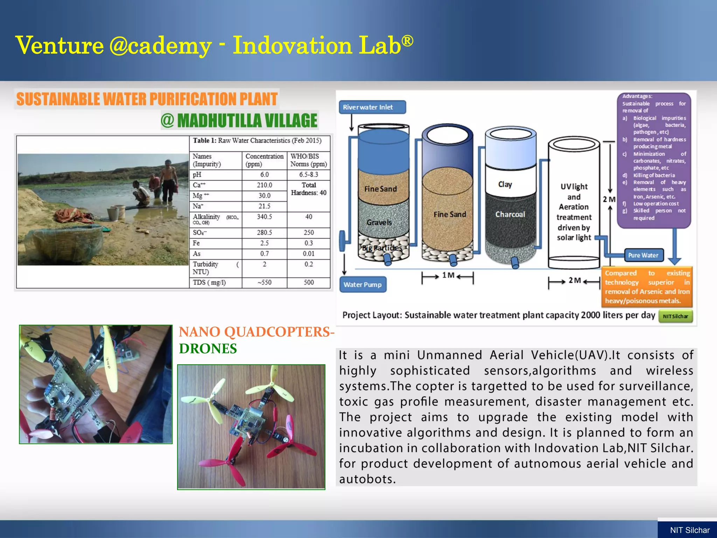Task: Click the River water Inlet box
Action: pos(372,107)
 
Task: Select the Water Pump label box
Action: pos(363,285)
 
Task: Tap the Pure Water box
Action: pos(643,255)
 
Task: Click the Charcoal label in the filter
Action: pos(510,214)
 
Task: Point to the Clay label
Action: pos(505,184)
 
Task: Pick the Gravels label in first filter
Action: pos(379,222)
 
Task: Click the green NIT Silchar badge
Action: pos(675,316)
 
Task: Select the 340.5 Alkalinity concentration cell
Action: pos(264,217)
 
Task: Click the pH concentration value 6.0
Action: pos(264,174)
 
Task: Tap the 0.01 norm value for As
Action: pos(308,254)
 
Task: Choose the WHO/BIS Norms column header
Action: pos(308,160)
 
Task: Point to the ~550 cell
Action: pos(264,282)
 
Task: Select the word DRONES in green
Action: pos(208,349)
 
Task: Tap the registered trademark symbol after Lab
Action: pos(407,41)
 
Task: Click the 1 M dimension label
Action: pos(448,275)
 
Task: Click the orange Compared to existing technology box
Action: pos(647,287)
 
